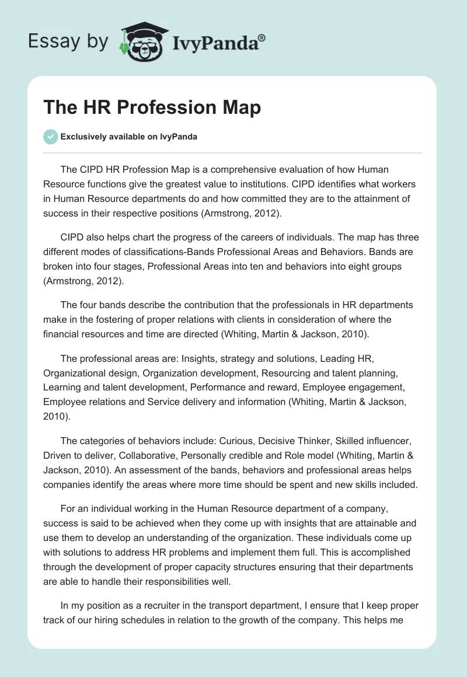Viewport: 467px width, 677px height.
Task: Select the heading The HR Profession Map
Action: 152,108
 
